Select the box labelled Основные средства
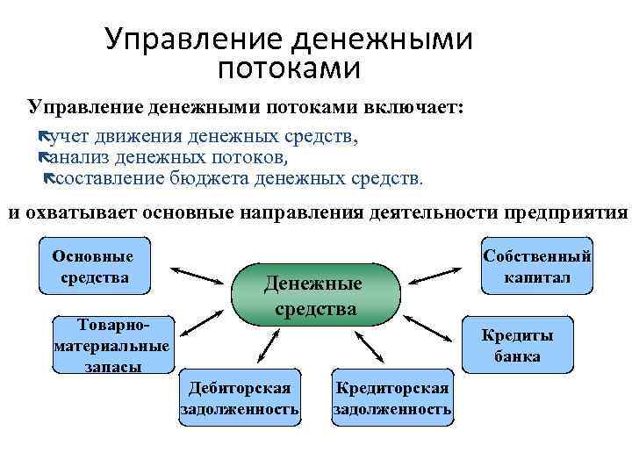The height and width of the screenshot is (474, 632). click(93, 267)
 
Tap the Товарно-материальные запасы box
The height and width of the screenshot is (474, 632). click(111, 344)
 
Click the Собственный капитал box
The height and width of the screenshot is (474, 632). click(537, 267)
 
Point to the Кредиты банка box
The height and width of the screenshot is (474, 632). click(516, 345)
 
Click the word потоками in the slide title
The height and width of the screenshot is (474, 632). click(289, 67)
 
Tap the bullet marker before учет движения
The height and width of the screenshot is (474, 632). click(47, 138)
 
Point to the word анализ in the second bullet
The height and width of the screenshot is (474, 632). click(80, 158)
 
